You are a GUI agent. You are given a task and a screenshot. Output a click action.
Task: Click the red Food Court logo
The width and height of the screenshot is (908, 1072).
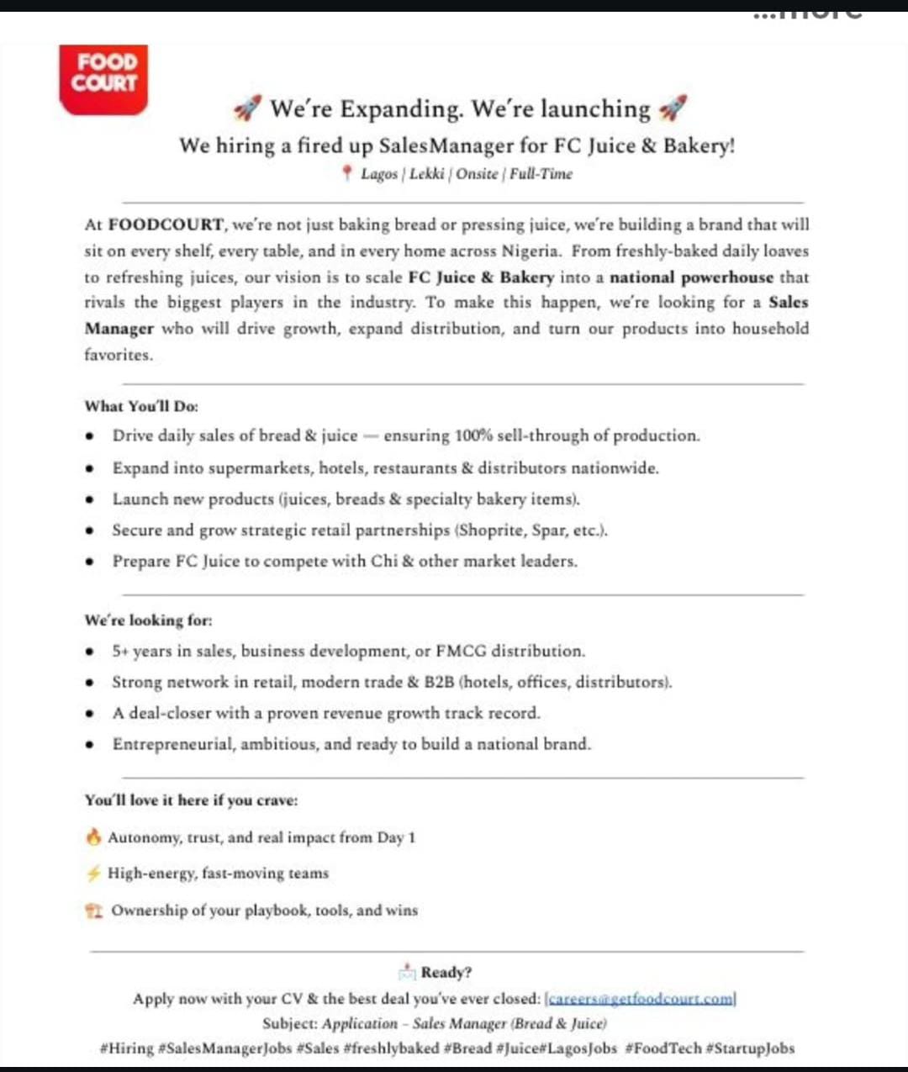(103, 79)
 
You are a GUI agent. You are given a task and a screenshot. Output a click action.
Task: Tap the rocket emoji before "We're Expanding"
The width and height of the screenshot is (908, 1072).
(247, 108)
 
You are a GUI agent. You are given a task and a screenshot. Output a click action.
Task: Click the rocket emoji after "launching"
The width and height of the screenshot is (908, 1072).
(673, 108)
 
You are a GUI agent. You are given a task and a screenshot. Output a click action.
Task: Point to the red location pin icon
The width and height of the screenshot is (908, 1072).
(346, 173)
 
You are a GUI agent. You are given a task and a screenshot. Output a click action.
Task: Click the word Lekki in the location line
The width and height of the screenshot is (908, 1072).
(427, 174)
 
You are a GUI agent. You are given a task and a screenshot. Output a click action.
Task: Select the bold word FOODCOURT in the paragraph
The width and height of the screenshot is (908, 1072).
(166, 225)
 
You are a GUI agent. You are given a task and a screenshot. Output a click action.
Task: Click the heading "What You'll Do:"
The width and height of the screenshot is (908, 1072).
(141, 406)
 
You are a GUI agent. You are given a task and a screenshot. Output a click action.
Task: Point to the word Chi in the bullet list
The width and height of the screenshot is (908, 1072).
(384, 561)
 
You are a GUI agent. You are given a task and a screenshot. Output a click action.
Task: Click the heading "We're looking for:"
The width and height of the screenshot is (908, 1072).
(148, 620)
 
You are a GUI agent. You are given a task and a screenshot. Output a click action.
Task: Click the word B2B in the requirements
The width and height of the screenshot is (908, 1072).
(439, 682)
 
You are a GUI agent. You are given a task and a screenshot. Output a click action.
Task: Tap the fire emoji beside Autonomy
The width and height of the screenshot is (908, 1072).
(93, 837)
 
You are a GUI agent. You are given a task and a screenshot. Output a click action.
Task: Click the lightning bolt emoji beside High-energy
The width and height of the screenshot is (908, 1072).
(93, 873)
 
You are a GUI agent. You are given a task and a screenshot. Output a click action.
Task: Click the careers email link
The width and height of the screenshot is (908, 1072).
(641, 999)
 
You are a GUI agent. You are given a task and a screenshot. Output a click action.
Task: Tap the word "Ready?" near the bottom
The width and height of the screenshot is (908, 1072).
(446, 972)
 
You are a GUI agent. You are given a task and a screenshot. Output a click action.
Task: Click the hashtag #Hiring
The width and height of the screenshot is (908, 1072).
(126, 1048)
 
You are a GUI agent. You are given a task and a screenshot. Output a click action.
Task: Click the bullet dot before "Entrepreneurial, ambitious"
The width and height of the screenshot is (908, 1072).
(90, 744)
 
